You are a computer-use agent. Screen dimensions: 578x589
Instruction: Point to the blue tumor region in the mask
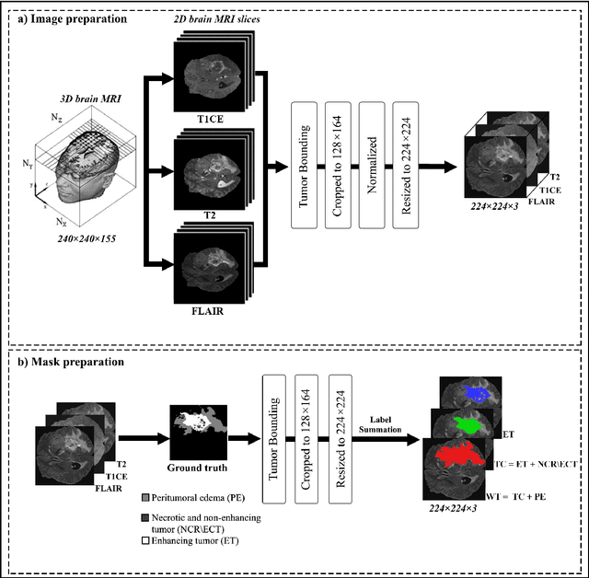pyautogui.click(x=475, y=393)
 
